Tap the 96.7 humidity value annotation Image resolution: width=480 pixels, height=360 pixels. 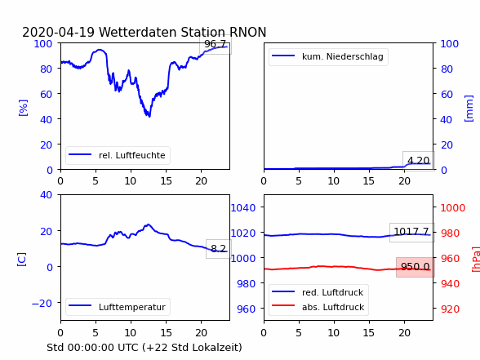coord(216,44)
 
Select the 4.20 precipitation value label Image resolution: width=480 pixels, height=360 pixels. coord(419,160)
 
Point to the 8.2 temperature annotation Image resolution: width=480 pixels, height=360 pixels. coord(218,248)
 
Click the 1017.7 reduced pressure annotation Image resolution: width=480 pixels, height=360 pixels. coord(411,232)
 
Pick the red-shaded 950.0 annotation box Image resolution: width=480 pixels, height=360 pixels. coord(415,267)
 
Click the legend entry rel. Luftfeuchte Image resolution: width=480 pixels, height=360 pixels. coord(118,155)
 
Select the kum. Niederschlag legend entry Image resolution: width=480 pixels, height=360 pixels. coord(327,56)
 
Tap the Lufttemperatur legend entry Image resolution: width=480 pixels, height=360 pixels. coord(118,307)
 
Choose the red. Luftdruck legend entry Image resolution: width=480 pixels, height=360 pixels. coord(318,292)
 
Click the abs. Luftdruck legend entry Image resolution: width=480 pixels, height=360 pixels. coord(318,307)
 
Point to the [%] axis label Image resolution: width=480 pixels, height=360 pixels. coord(23,108)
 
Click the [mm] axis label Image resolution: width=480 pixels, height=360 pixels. coord(469,109)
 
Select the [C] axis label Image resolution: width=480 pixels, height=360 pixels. coord(22,260)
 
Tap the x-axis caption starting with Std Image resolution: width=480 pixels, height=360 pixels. coord(144,348)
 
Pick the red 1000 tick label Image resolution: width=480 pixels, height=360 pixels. coord(453,208)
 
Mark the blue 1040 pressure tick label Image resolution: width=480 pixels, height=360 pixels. coord(243,208)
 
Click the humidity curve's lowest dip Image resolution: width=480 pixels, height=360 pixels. coord(149,116)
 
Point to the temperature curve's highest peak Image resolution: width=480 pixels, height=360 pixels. coord(149,224)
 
